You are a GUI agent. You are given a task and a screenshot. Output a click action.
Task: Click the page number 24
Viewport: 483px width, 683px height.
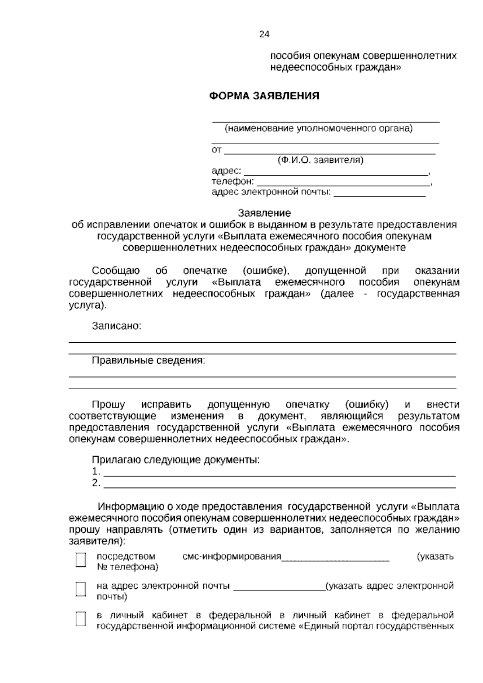coord(264,34)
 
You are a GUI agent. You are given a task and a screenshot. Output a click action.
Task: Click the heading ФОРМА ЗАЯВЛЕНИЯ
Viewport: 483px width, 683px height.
coord(264,96)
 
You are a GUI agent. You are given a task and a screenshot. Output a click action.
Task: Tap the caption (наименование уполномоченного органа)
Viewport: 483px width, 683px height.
coord(318,128)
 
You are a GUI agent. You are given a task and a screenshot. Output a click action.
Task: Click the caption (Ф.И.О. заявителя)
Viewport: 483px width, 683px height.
coord(320,160)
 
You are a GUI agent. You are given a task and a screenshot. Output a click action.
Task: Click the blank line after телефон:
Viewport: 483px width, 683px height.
coord(343,184)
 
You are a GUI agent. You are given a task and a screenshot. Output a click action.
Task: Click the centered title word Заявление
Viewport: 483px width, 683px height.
coord(264,212)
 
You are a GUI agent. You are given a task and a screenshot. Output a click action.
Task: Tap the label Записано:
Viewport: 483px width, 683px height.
coord(116,325)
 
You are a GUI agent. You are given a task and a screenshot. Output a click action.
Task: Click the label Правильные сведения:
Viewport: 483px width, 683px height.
coord(149,360)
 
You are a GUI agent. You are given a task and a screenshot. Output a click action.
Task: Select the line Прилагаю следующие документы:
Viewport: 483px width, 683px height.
coord(175,459)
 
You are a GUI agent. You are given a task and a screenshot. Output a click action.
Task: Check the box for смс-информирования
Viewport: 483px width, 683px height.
coord(81,560)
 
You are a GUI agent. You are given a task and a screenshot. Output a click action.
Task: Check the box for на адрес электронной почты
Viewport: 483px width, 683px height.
coord(81,589)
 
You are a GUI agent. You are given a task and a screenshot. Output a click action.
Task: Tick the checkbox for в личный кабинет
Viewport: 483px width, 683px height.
coord(81,619)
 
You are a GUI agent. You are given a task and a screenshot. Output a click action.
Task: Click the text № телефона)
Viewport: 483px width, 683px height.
coord(127,567)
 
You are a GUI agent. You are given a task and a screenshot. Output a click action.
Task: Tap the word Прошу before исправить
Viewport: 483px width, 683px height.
coord(108,404)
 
